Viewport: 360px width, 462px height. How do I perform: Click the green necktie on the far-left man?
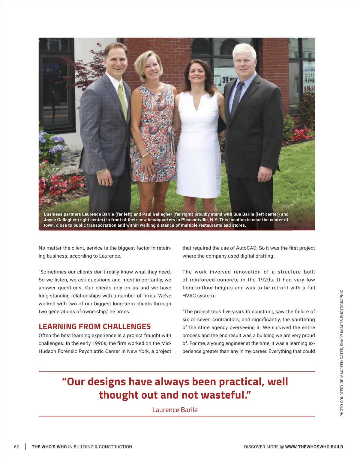click(122, 99)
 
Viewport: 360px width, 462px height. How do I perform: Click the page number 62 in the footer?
click(16, 447)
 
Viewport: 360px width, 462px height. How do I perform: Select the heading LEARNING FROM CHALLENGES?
click(95, 326)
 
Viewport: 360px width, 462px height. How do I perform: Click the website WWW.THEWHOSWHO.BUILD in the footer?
click(314, 447)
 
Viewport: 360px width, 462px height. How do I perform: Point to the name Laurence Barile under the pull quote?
click(175, 410)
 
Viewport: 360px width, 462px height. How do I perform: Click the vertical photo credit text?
click(342, 353)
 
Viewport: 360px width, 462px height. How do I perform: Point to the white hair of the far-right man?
click(244, 50)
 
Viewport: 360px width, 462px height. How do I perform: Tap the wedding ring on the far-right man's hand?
click(267, 177)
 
